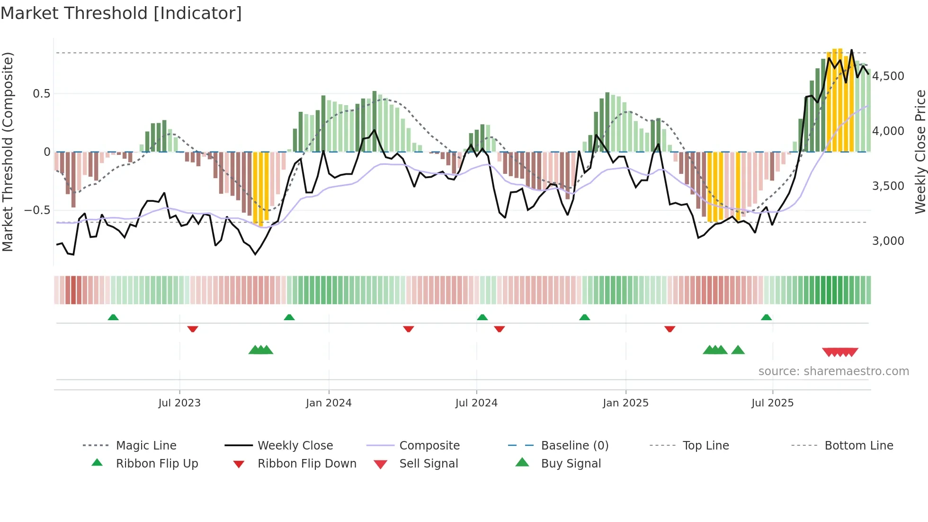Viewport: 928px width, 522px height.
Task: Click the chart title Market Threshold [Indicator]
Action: point(121,13)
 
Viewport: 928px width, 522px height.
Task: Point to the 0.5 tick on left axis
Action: point(41,94)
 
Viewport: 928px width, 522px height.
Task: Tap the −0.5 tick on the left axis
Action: point(37,210)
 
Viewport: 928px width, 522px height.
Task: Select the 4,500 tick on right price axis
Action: point(888,76)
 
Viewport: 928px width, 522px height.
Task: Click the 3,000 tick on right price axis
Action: point(888,241)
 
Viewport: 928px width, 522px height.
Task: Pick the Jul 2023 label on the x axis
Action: point(179,403)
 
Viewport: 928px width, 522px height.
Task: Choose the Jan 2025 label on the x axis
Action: point(625,403)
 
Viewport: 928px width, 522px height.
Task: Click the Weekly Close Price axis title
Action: point(920,152)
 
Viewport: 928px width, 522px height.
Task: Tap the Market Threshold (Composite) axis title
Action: point(8,152)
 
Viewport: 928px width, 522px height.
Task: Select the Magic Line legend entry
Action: point(146,446)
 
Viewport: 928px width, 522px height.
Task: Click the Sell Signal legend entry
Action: point(428,464)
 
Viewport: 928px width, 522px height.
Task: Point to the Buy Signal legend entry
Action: point(571,464)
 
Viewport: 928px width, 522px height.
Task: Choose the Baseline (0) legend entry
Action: point(574,446)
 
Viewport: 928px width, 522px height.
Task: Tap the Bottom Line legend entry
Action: point(858,446)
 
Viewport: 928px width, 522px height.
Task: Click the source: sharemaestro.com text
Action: point(833,371)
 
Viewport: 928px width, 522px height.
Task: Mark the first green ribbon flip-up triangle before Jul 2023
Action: point(113,317)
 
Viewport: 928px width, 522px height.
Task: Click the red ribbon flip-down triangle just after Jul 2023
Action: point(193,329)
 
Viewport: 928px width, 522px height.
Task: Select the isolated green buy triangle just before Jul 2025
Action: point(738,350)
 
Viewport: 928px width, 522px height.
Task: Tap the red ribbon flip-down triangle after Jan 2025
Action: point(669,329)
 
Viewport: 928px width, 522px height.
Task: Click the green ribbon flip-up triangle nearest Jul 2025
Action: point(766,317)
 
